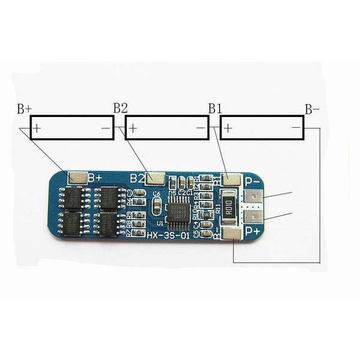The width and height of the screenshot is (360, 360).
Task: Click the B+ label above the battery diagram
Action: pyautogui.click(x=24, y=109)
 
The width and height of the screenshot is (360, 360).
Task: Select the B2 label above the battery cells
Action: pyautogui.click(x=121, y=108)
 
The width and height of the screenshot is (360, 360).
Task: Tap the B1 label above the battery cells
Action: pyautogui.click(x=215, y=108)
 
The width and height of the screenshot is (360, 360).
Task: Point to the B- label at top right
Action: pyautogui.click(x=312, y=109)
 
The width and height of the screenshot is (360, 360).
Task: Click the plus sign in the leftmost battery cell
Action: pyautogui.click(x=37, y=128)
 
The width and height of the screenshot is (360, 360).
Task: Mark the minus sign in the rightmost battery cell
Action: pyautogui.click(x=296, y=128)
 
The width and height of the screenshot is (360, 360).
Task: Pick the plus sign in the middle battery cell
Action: pyautogui.click(x=133, y=128)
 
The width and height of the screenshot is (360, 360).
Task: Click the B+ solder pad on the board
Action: pyautogui.click(x=77, y=177)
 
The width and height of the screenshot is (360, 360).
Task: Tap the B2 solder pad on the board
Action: pyautogui.click(x=155, y=178)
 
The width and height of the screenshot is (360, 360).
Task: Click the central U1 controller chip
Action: pyautogui.click(x=179, y=212)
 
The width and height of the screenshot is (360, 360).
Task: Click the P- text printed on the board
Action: pyautogui.click(x=252, y=180)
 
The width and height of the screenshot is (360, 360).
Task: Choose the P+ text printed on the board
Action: pyautogui.click(x=253, y=230)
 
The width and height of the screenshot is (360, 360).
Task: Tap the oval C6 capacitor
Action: pyautogui.click(x=157, y=206)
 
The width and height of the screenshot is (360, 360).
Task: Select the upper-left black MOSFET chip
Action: pyautogui.click(x=73, y=197)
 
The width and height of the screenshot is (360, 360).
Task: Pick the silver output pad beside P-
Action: pyautogui.click(x=254, y=197)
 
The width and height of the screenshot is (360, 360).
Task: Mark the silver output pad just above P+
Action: pyautogui.click(x=254, y=215)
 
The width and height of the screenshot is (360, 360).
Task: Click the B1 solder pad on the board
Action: pyautogui.click(x=231, y=179)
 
